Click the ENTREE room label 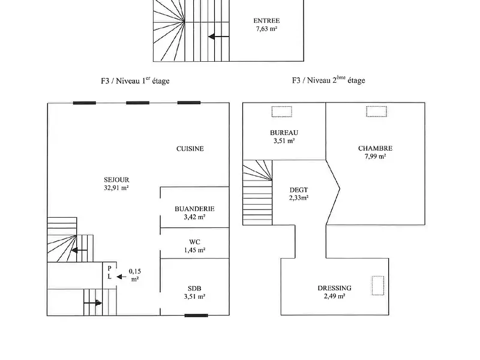pos(266,20)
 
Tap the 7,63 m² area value pos(266,28)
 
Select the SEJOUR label pos(117,179)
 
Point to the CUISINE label pos(190,149)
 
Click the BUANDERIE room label pos(194,209)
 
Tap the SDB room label pos(194,287)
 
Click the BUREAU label pos(284,133)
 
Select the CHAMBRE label pos(375,148)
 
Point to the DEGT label pos(298,190)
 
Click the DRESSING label pos(334,288)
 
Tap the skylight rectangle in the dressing pos(378,286)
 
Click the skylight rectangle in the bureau pos(281,111)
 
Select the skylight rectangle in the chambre pos(377,111)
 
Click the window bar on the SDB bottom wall pos(196,315)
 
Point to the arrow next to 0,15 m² pos(122,277)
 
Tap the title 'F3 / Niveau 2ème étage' pos(328,80)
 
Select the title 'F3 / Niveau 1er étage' pos(135,80)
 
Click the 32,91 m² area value pos(117,188)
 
